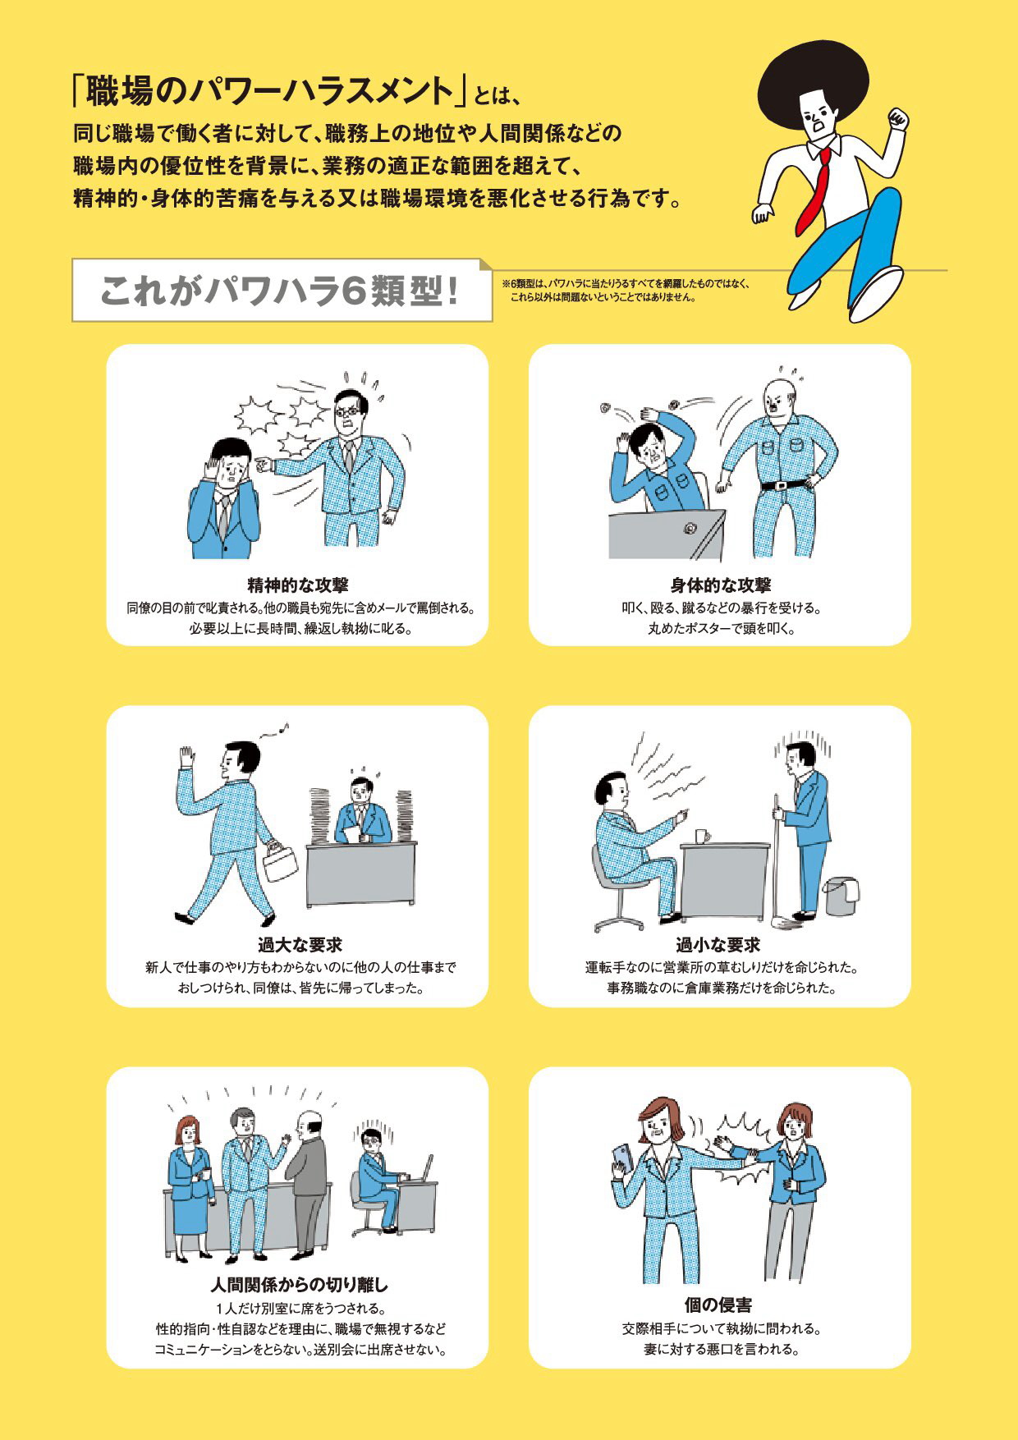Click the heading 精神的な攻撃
click(x=298, y=585)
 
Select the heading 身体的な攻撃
click(x=720, y=585)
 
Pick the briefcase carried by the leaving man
click(x=281, y=862)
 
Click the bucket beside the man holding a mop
click(x=842, y=896)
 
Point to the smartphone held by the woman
click(x=622, y=1158)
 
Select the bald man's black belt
click(x=786, y=484)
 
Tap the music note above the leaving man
click(x=285, y=726)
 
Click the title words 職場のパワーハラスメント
click(x=263, y=91)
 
